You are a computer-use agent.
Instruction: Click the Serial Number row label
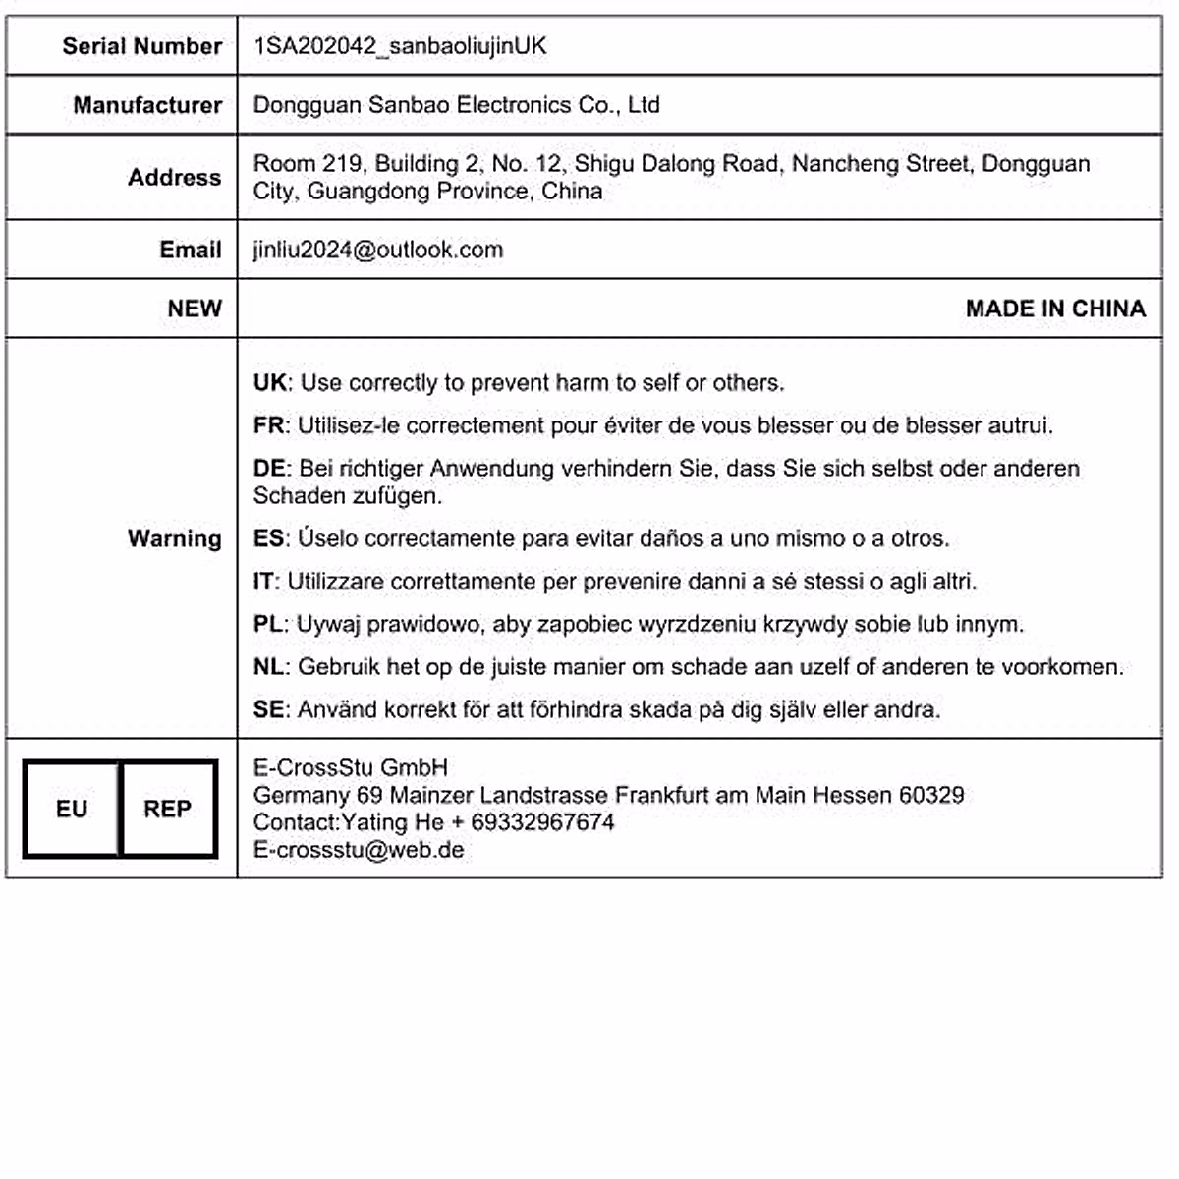pos(141,46)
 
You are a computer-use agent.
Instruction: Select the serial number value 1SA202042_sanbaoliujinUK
pos(400,46)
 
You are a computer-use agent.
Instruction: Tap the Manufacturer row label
pos(147,105)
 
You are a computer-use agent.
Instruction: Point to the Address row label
pos(174,178)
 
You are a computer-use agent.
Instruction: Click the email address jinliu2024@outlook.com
pos(378,250)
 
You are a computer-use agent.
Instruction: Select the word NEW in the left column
pos(195,309)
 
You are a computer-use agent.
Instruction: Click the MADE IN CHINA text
pos(1055,309)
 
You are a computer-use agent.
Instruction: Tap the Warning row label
pos(174,538)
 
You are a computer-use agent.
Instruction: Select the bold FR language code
pos(268,425)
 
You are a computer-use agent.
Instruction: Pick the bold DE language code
pos(269,469)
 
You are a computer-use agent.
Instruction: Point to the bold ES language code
pos(268,538)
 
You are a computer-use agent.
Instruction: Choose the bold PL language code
pos(267,624)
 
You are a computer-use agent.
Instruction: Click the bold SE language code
pos(268,709)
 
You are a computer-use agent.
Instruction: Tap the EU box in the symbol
pos(72,809)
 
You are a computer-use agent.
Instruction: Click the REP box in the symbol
pos(168,809)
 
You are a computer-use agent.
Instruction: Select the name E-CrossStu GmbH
pos(351,768)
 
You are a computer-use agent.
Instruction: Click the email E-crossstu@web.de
pos(359,850)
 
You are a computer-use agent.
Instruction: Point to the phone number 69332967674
pos(542,822)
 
